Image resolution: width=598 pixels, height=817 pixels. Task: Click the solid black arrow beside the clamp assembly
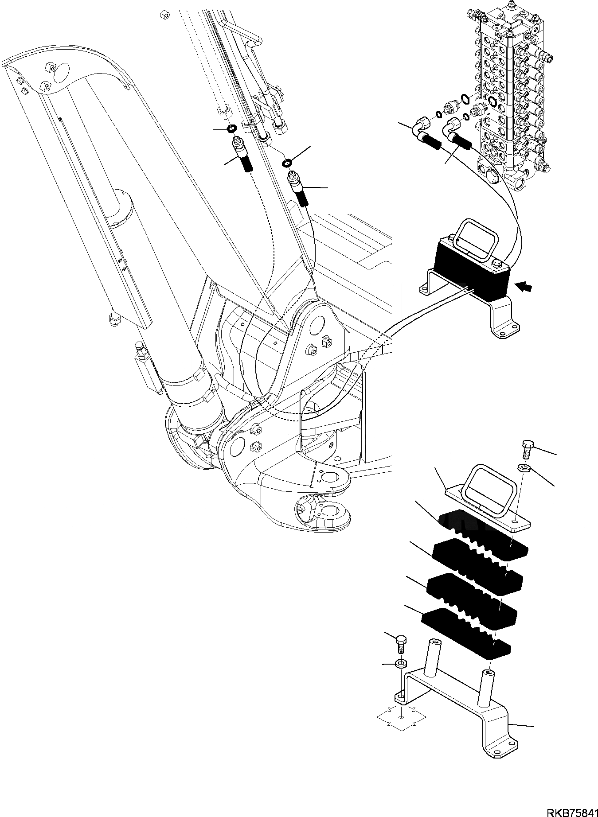click(524, 288)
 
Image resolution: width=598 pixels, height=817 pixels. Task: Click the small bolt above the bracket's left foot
click(400, 643)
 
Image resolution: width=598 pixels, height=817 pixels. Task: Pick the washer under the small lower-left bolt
click(401, 663)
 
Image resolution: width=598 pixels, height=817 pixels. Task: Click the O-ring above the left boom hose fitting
click(231, 129)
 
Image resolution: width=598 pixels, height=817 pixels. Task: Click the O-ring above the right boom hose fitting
click(288, 163)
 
